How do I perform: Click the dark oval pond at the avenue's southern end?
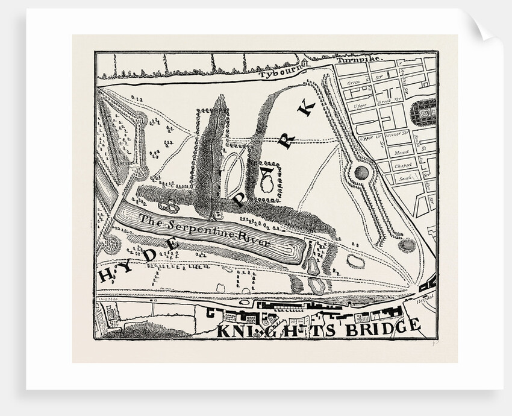point(406,246)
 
